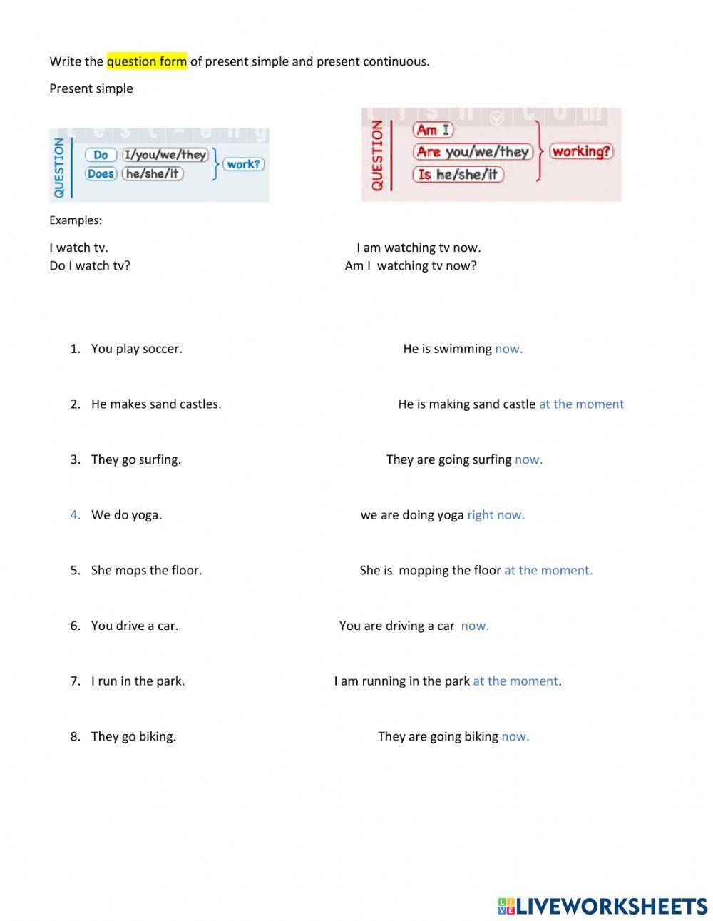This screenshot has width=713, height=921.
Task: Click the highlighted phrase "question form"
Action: (147, 61)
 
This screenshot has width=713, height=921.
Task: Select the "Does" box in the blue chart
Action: (101, 174)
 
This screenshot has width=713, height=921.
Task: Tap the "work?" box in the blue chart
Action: (243, 164)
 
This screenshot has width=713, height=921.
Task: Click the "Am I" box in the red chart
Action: (433, 130)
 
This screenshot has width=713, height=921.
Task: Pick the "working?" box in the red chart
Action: (582, 151)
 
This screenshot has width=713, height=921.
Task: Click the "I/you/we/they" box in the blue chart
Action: (165, 155)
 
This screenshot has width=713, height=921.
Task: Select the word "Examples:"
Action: (76, 220)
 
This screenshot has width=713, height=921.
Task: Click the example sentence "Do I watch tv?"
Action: (90, 266)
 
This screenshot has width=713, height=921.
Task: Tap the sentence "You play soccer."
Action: (136, 349)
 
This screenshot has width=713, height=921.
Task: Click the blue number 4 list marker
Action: (75, 515)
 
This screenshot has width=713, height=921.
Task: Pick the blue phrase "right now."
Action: (496, 515)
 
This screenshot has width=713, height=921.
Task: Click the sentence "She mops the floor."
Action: (146, 571)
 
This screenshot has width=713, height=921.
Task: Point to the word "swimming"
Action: (463, 349)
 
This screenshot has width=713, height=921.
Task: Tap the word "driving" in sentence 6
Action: (404, 626)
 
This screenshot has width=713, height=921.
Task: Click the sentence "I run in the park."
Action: (138, 681)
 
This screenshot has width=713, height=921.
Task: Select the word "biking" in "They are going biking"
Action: (481, 737)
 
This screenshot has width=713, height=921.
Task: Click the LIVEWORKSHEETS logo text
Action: (612, 906)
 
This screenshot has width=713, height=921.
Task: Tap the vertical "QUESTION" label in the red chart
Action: (376, 155)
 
